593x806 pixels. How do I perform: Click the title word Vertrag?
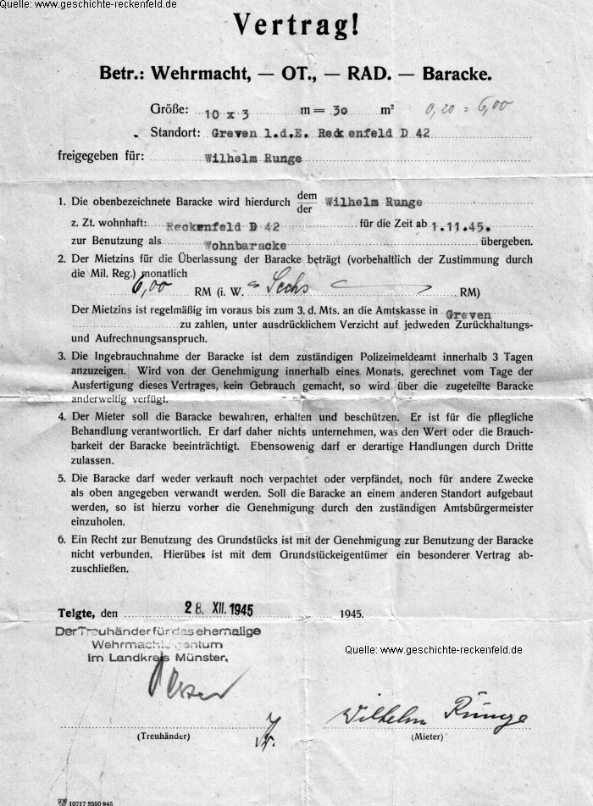(x=296, y=27)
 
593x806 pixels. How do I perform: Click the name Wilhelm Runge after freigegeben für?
(x=254, y=158)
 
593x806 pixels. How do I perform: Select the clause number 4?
(x=61, y=416)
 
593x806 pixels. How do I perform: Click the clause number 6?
(x=61, y=540)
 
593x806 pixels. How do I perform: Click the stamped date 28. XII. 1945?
(x=219, y=609)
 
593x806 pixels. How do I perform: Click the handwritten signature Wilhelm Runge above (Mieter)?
(x=428, y=713)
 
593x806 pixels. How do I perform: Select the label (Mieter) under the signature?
(x=428, y=737)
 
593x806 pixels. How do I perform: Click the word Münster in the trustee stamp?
(x=202, y=658)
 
